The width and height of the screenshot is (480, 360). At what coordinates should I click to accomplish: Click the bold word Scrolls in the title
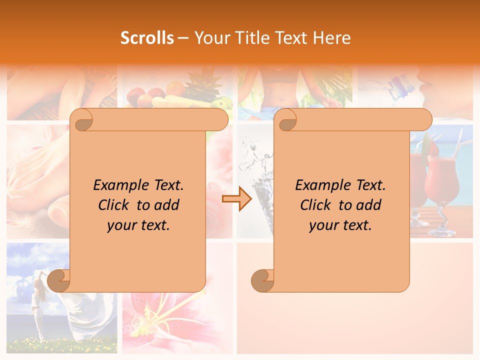point(147,38)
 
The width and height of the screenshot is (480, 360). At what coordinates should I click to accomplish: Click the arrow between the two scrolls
point(237,199)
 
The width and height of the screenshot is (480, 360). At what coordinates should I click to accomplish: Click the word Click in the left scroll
point(109,205)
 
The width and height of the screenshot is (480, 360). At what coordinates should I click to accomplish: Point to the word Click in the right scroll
point(311,205)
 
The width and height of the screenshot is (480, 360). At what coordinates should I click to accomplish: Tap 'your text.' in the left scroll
point(138,225)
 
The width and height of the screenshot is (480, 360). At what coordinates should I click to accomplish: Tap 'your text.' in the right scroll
point(340,225)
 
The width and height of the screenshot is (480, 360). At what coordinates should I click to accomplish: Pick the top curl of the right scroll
point(286,119)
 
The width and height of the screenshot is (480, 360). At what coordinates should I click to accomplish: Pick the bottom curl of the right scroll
point(262,280)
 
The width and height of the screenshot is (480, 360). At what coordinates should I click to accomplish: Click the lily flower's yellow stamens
point(155,320)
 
